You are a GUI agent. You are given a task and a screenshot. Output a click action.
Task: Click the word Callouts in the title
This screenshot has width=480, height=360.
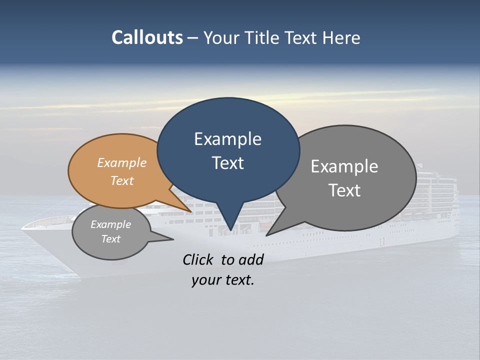click(x=147, y=37)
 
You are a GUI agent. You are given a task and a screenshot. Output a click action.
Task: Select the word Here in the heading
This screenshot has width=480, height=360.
click(x=341, y=37)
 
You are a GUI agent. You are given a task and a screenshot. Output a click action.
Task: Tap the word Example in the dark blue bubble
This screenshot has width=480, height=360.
click(x=227, y=139)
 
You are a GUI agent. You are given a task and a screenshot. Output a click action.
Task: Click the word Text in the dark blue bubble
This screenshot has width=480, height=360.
click(x=227, y=163)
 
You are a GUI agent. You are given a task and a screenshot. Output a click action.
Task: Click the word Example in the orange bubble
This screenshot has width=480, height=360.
click(x=122, y=162)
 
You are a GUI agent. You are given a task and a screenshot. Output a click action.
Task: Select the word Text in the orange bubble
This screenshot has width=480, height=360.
click(x=122, y=180)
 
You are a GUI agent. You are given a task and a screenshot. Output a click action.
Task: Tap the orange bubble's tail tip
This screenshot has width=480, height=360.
click(x=191, y=211)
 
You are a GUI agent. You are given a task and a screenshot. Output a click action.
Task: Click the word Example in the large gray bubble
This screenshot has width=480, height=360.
click(x=344, y=166)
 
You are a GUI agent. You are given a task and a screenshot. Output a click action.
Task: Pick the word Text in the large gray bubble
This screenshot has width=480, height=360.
click(x=344, y=190)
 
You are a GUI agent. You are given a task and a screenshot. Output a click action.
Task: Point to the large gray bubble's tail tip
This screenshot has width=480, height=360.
click(x=267, y=235)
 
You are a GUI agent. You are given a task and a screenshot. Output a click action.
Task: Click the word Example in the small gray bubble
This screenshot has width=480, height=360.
click(x=110, y=224)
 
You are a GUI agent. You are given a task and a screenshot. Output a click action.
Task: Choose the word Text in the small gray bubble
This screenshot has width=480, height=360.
click(x=110, y=239)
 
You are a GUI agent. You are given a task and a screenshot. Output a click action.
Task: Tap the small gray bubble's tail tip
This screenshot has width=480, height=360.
click(x=173, y=239)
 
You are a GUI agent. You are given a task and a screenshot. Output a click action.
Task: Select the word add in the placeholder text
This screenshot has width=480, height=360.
click(x=251, y=259)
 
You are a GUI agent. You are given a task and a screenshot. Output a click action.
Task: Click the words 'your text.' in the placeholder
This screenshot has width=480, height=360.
click(x=222, y=280)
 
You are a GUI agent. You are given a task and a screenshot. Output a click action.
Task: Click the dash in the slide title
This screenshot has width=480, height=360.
click(x=193, y=38)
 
